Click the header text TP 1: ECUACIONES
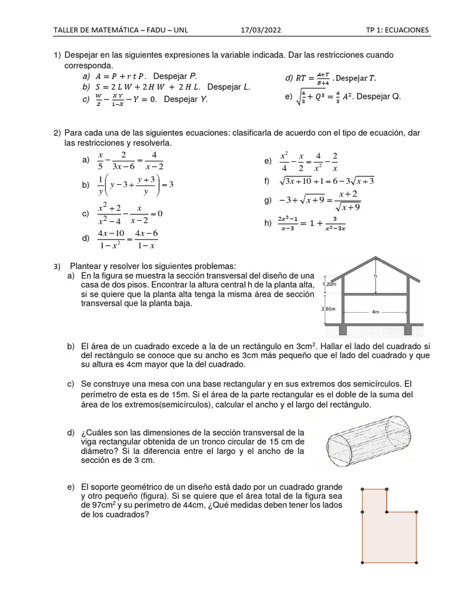[397, 30]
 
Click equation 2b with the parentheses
[135, 185]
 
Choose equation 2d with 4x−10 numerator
[128, 239]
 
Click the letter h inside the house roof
[375, 275]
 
